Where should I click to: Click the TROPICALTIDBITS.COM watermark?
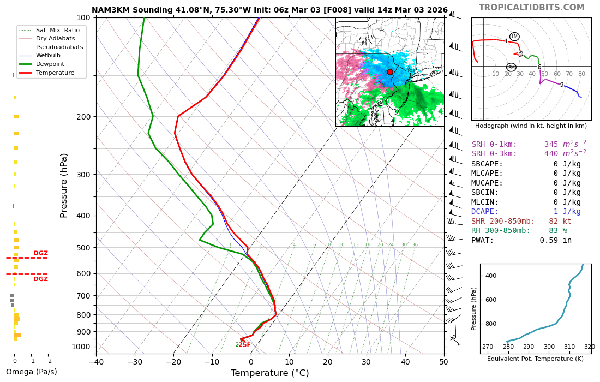(531, 8)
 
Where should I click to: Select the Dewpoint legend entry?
(50, 64)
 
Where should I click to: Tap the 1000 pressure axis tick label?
(81, 347)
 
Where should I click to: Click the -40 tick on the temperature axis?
(96, 361)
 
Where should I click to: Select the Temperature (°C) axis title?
(269, 373)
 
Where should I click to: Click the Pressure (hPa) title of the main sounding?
(64, 185)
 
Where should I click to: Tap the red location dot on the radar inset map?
(390, 72)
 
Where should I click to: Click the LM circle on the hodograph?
(514, 37)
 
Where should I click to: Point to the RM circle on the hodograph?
(511, 68)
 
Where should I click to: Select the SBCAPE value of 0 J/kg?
(567, 164)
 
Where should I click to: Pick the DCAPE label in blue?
(485, 212)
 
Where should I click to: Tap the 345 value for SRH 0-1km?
(551, 145)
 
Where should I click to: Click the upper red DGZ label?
(41, 253)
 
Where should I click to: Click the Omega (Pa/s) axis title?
(31, 372)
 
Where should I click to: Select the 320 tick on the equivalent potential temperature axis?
(590, 347)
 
